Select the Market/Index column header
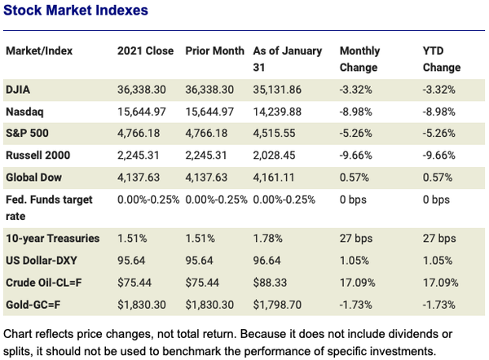coord(39,50)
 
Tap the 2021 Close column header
coord(146,50)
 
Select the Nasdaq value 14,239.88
coord(280,110)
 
